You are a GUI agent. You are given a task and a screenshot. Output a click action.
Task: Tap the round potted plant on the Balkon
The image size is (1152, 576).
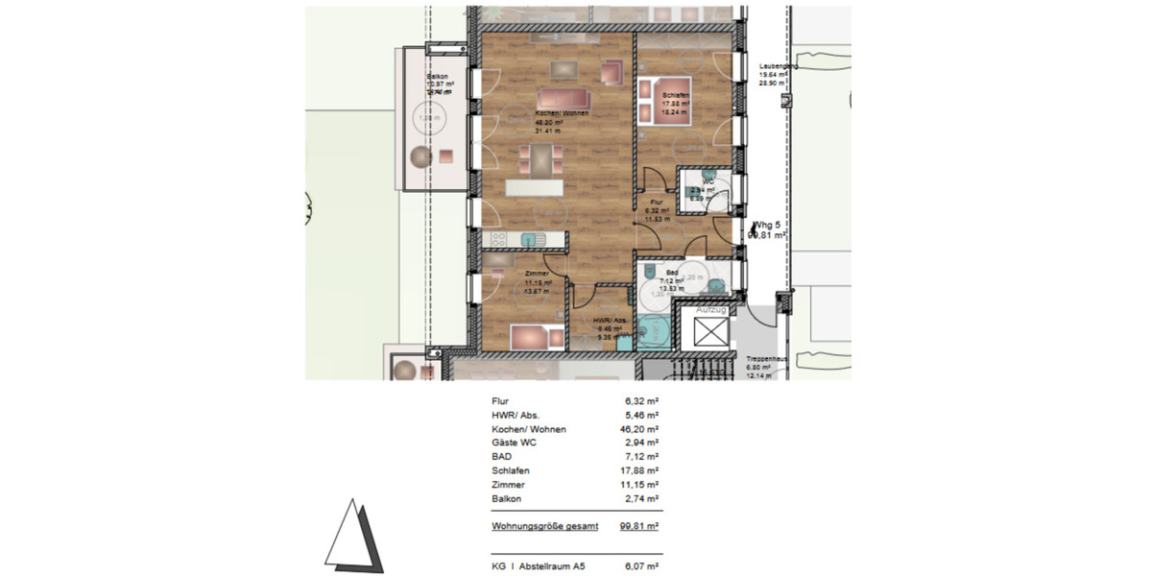coord(421,157)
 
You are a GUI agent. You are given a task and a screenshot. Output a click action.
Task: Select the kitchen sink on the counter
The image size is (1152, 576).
coord(530,239)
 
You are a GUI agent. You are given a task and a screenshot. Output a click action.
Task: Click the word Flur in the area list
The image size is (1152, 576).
coord(499,401)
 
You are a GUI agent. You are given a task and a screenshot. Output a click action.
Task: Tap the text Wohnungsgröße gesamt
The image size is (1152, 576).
coord(544,526)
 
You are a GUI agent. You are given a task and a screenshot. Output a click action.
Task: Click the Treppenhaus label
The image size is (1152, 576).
coord(767,358)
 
